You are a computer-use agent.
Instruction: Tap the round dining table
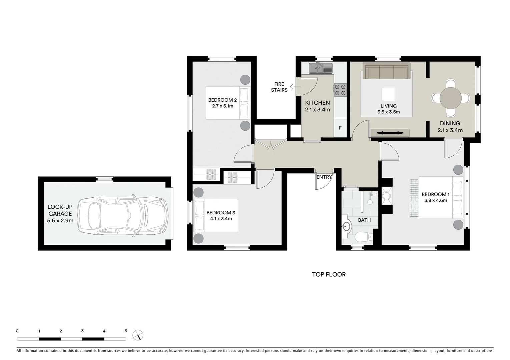coord(450,98)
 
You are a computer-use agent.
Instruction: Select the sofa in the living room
coord(387,71)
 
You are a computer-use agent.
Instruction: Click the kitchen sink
coord(320,68)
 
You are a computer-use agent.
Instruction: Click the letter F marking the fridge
coord(340,128)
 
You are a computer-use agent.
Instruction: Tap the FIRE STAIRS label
coord(279,87)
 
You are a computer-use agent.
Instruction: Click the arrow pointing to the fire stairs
coord(294,87)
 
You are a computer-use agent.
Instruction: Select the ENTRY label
coord(324,177)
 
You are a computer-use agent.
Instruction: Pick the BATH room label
coord(364,220)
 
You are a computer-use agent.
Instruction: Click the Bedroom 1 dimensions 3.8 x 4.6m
coord(436,200)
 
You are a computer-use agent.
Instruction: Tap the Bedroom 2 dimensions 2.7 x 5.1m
coord(222,106)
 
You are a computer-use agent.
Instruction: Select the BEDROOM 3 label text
coord(221,213)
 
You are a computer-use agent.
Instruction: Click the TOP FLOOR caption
coord(329,274)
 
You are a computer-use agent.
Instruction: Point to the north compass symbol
coord(138,335)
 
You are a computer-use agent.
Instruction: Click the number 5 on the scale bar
coord(126,331)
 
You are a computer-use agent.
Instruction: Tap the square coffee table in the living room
coord(388,94)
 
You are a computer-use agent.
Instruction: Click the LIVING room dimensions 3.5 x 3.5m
coord(389,112)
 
